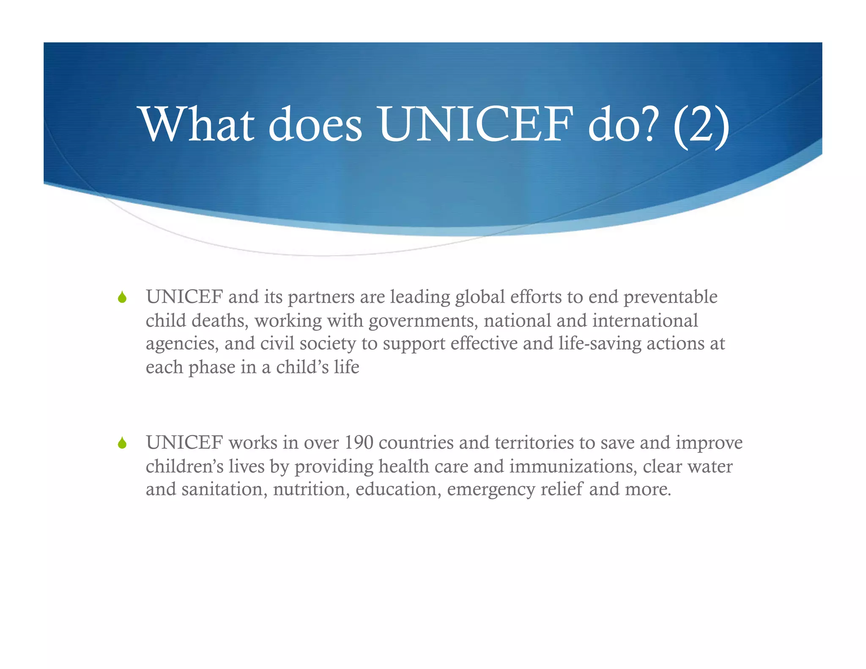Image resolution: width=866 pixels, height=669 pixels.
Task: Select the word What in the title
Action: [x=198, y=124]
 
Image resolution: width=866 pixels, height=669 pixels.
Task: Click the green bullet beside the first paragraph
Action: [x=122, y=297]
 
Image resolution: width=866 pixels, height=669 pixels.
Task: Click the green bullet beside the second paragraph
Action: [x=122, y=443]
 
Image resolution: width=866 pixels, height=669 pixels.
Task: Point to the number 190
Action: [x=359, y=443]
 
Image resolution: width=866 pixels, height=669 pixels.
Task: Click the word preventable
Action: [x=670, y=297]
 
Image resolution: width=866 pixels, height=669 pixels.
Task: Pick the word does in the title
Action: [x=315, y=124]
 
